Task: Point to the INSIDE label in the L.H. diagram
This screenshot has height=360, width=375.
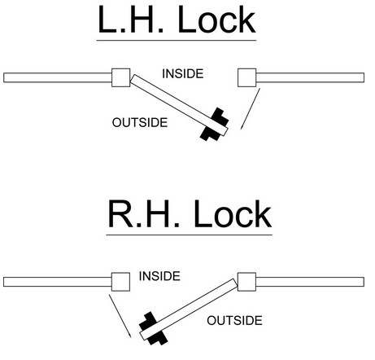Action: tap(184, 74)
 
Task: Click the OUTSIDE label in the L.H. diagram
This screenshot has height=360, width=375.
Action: tap(139, 123)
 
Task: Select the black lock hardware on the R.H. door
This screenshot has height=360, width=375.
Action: tap(152, 327)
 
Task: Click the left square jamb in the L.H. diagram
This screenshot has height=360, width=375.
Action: tap(120, 77)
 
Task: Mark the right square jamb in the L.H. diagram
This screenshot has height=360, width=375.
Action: tap(247, 77)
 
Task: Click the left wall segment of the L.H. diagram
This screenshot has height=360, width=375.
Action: tap(57, 78)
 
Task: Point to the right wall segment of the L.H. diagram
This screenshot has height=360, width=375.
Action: tap(310, 78)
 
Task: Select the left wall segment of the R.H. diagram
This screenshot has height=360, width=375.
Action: tap(57, 282)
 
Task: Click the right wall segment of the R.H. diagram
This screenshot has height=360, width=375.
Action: tap(310, 282)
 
